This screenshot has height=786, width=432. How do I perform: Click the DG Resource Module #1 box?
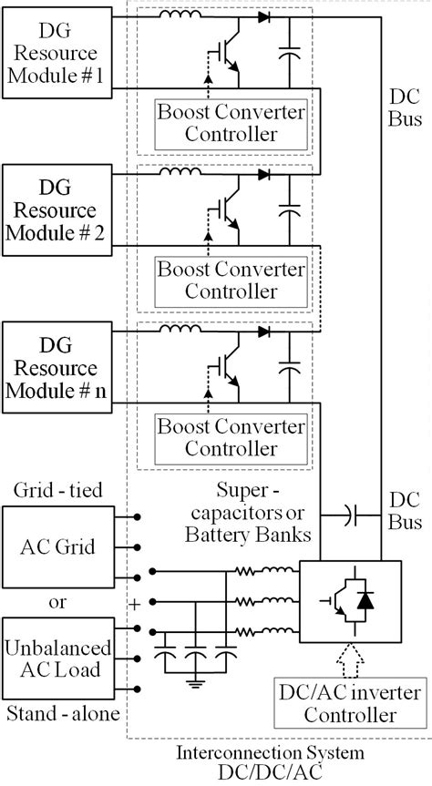[57, 56]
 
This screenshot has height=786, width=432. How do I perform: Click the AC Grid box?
[57, 549]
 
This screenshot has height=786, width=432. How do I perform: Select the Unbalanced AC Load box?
[57, 658]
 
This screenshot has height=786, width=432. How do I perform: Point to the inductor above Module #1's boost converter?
[180, 15]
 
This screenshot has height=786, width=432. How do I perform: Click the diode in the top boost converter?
[263, 16]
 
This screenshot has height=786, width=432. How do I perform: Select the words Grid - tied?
[57, 491]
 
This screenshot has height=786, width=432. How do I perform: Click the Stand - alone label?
[60, 713]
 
